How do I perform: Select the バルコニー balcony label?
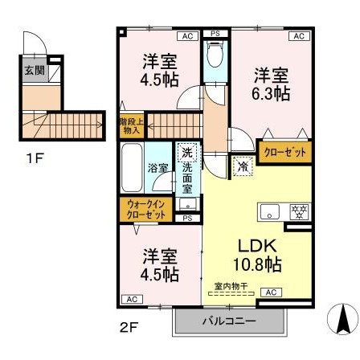tap(228, 321)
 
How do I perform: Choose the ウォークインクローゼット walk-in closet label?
tap(146, 211)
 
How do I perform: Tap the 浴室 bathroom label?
tap(157, 168)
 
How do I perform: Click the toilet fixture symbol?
tap(215, 56)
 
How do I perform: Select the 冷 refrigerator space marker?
tap(242, 166)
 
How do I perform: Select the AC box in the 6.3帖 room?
tap(297, 36)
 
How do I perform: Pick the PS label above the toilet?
tap(214, 33)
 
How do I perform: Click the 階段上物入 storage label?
tap(130, 125)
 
